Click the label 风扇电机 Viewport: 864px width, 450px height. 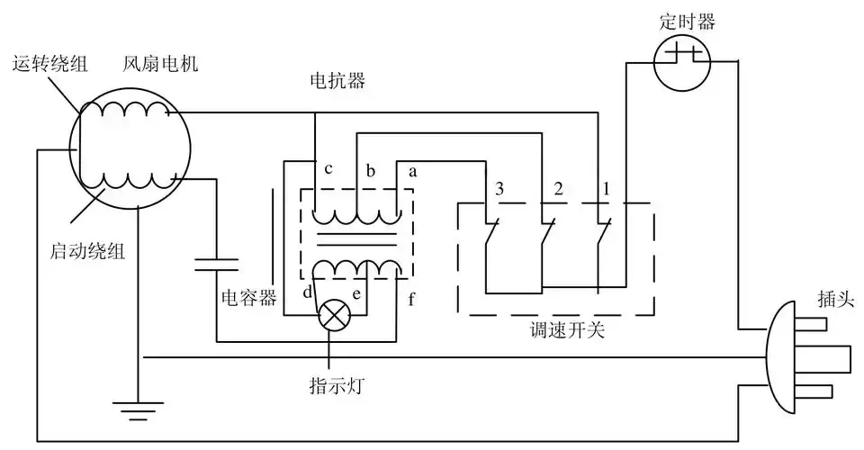click(161, 65)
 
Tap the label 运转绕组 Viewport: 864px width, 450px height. click(48, 65)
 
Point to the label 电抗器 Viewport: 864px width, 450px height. click(336, 82)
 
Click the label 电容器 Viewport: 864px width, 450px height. click(248, 296)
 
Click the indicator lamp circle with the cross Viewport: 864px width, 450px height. click(336, 314)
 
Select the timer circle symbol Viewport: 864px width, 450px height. click(681, 63)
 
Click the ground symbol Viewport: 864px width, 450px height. click(136, 414)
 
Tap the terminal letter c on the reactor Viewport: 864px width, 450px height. click(328, 170)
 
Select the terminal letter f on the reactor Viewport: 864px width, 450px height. click(411, 299)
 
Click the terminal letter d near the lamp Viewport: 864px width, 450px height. click(308, 292)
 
